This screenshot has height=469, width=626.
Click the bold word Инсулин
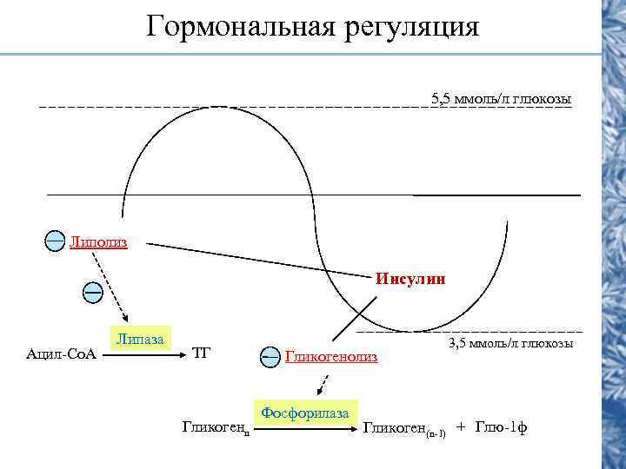(410, 280)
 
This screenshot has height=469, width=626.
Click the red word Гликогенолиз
(331, 357)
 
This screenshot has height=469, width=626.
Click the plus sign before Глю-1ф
(461, 427)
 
